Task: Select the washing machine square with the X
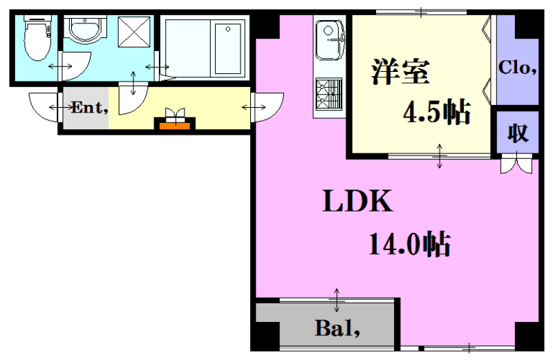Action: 134,32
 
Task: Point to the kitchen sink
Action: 330,39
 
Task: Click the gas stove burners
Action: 329,94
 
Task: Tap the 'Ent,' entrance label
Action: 90,107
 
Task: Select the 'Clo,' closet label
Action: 517,67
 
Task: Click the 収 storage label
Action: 518,133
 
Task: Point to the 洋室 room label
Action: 400,72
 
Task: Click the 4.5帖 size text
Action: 437,112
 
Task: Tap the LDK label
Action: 357,200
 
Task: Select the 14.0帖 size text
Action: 409,244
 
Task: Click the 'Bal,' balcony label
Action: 337,328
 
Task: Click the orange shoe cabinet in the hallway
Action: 175,126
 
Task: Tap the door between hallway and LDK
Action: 268,107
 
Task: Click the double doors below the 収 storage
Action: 516,163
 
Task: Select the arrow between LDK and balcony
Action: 337,300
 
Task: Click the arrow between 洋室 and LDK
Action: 440,156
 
